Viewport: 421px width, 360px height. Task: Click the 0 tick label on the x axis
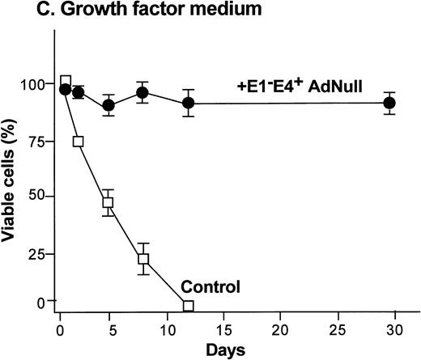(60, 330)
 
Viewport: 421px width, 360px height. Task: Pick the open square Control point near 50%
(107, 202)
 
